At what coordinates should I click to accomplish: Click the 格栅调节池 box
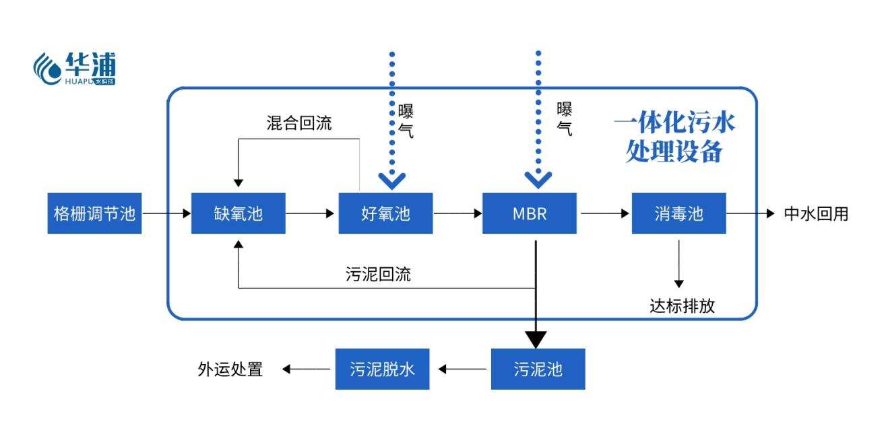coord(94,214)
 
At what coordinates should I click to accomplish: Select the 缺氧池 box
coord(238,214)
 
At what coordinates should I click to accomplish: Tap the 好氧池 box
coord(385,214)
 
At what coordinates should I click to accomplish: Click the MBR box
coord(529,214)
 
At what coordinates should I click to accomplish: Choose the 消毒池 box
coord(678,214)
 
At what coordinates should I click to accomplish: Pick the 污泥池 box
coord(538,369)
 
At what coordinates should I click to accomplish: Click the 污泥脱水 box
coord(382,369)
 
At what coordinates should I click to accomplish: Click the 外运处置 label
coord(229,369)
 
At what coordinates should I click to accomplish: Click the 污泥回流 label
coord(377,274)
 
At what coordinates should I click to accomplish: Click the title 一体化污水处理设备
coord(674,137)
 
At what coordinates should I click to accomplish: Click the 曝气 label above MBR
coord(565,119)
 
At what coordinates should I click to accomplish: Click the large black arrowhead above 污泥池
coord(536,338)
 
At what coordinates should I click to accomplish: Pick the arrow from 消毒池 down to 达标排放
coord(678,262)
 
